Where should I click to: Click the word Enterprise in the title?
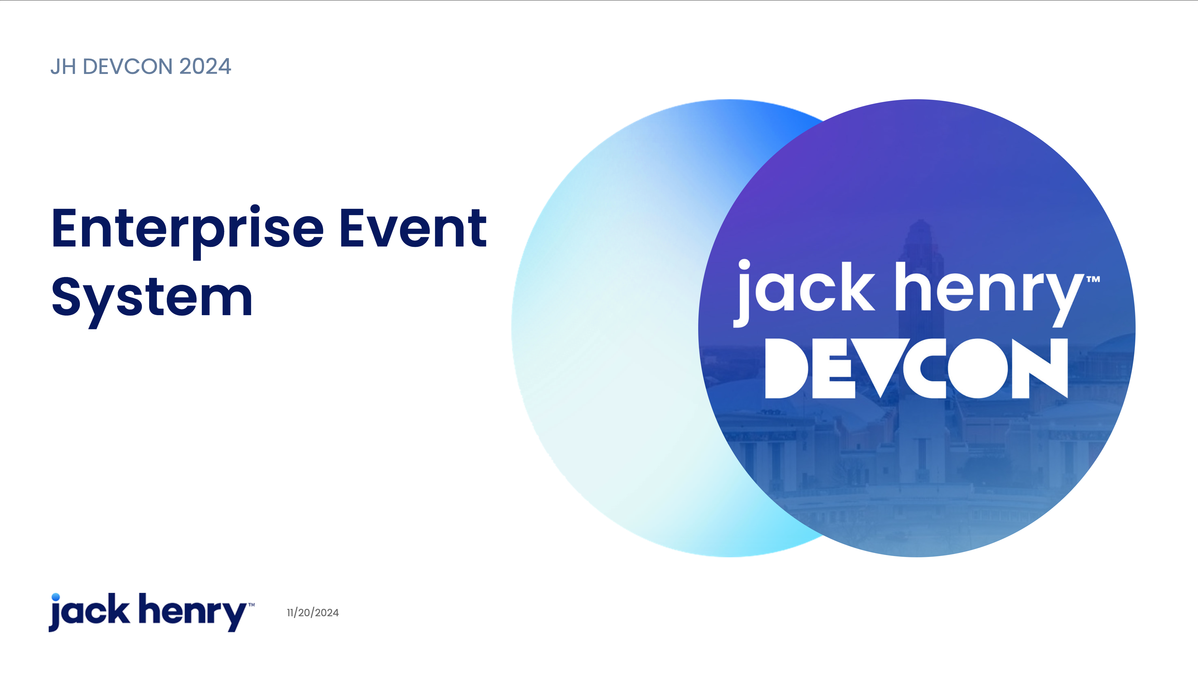pyautogui.click(x=187, y=231)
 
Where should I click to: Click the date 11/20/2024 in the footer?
pyautogui.click(x=313, y=613)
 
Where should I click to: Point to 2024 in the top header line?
pyautogui.click(x=205, y=66)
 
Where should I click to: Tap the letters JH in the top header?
pyautogui.click(x=63, y=66)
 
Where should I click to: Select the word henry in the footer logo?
pyautogui.click(x=193, y=612)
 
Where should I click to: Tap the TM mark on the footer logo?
pyautogui.click(x=251, y=605)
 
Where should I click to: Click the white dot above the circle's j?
pyautogui.click(x=744, y=265)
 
